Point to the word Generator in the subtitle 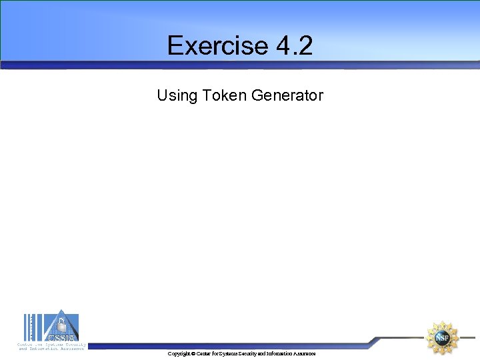pyautogui.click(x=287, y=95)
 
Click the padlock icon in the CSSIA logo pyautogui.click(x=61, y=325)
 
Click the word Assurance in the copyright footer pyautogui.click(x=305, y=353)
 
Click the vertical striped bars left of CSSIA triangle pyautogui.click(x=31, y=328)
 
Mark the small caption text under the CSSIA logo pyautogui.click(x=51, y=347)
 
